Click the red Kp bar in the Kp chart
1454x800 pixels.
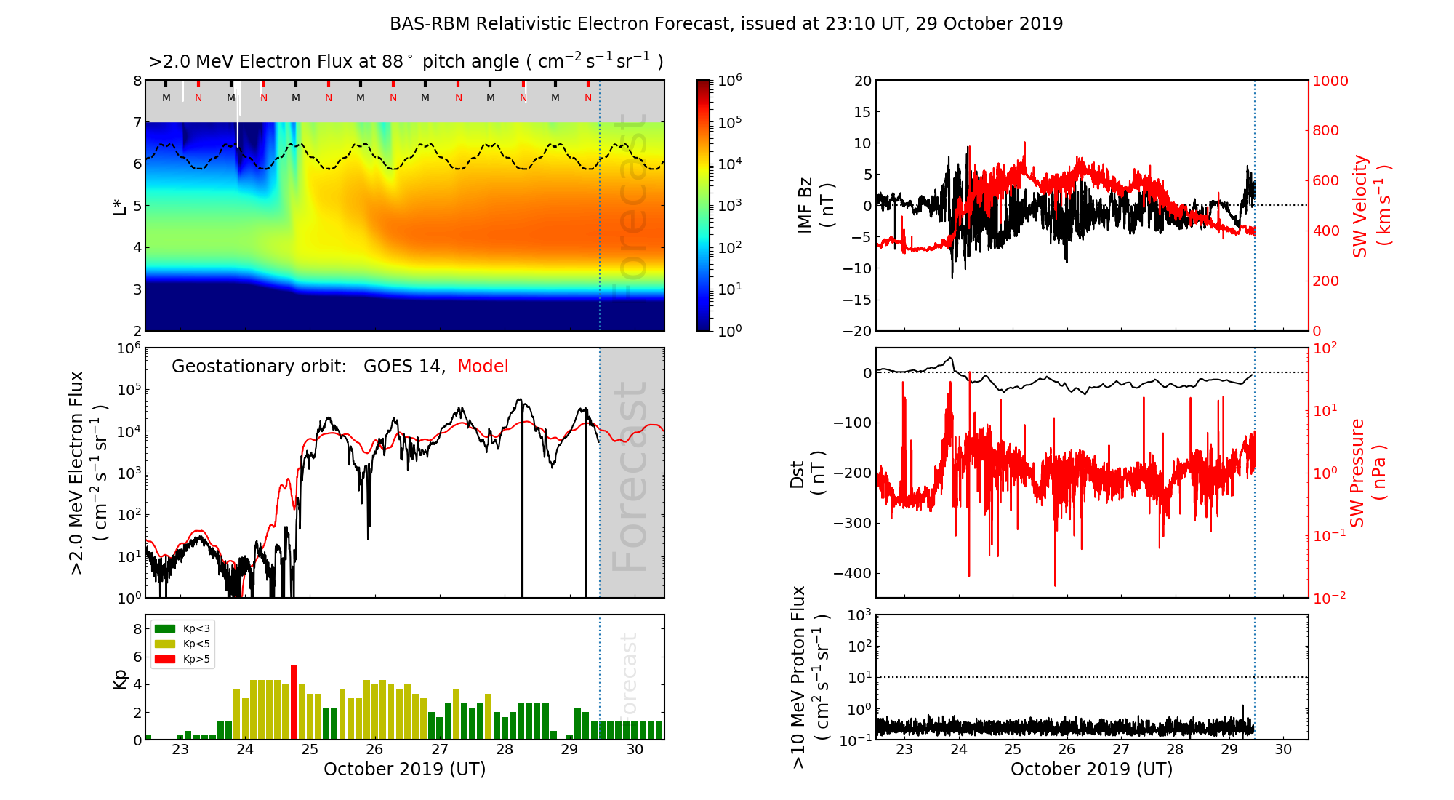click(x=294, y=703)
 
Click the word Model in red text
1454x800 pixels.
click(x=483, y=367)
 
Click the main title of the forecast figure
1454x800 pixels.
click(x=726, y=24)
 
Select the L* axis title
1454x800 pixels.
click(x=120, y=205)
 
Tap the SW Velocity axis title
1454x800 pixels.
click(x=1371, y=206)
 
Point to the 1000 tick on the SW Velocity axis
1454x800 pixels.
click(x=1330, y=81)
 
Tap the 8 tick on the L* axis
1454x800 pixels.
click(x=137, y=81)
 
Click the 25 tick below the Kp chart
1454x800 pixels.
click(x=310, y=750)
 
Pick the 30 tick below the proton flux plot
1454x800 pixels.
click(x=1283, y=750)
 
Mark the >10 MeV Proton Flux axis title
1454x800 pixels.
click(x=810, y=677)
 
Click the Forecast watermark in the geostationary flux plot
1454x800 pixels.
click(x=630, y=476)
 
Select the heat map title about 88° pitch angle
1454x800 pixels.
click(x=406, y=62)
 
